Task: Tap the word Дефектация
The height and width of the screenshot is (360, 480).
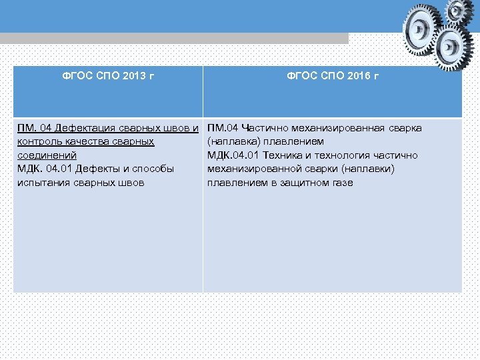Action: (87, 128)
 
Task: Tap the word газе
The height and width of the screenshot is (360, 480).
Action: (340, 183)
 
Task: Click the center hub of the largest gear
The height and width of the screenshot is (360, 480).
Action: (421, 29)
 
